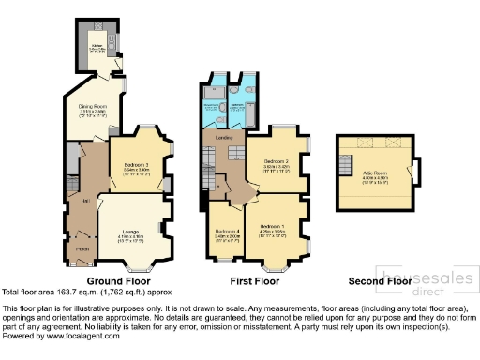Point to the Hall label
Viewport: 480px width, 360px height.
point(85,201)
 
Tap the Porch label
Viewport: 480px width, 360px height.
point(82,248)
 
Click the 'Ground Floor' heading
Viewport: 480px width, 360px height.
point(119,280)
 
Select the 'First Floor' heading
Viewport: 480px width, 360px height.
point(255,280)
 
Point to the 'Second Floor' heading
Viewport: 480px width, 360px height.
point(380,280)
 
